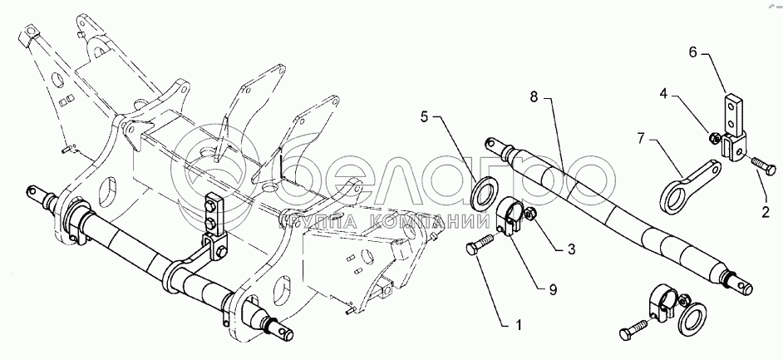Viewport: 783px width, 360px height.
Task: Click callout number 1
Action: (x=518, y=326)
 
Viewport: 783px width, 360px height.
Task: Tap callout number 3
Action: (x=571, y=249)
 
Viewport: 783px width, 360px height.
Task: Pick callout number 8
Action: (x=534, y=97)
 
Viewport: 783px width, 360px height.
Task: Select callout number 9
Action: (x=552, y=289)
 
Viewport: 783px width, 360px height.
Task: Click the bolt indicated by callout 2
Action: (x=762, y=165)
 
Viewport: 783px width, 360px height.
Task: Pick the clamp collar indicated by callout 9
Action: (x=511, y=218)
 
